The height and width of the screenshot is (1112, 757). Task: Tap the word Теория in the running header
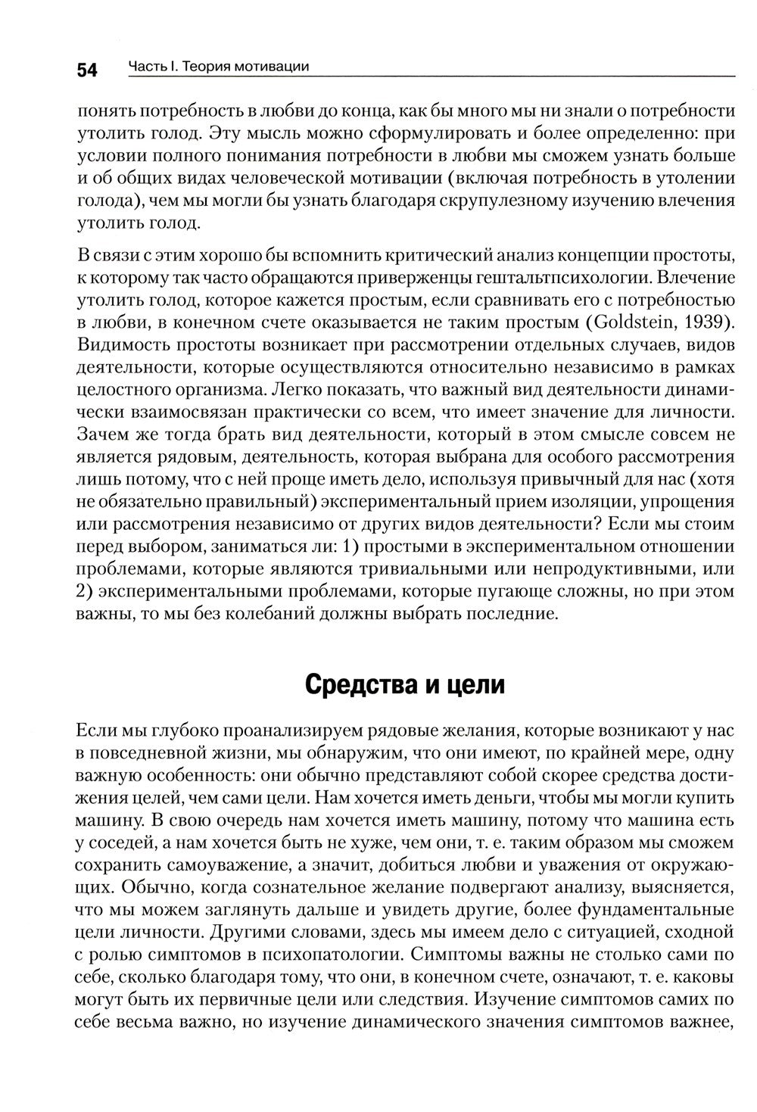[200, 67]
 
